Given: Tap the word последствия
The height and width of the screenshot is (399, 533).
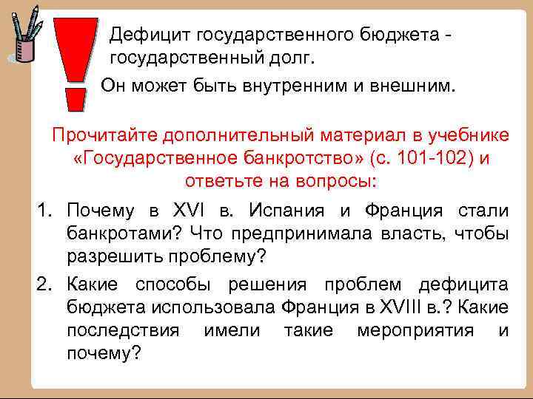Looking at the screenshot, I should click(x=123, y=330).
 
